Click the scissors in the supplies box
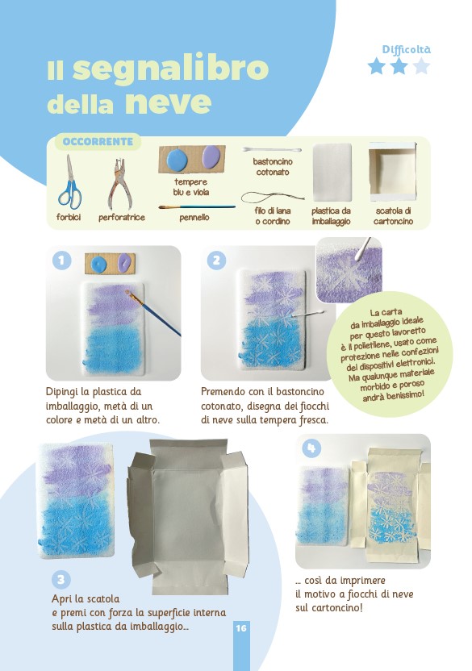point(70,182)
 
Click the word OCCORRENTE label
point(98,142)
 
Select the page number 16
point(241,627)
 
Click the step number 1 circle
point(61,260)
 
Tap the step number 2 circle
point(216,260)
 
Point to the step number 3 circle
point(61,580)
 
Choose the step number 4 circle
point(311,448)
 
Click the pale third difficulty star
point(422,66)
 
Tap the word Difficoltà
point(406,50)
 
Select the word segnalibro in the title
point(170,69)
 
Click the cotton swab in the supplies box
point(272,150)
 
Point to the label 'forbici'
point(69,218)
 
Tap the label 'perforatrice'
point(122,218)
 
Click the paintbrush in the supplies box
point(197,207)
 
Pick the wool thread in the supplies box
point(273,198)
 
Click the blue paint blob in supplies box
point(177,159)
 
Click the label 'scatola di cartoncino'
point(393,216)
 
